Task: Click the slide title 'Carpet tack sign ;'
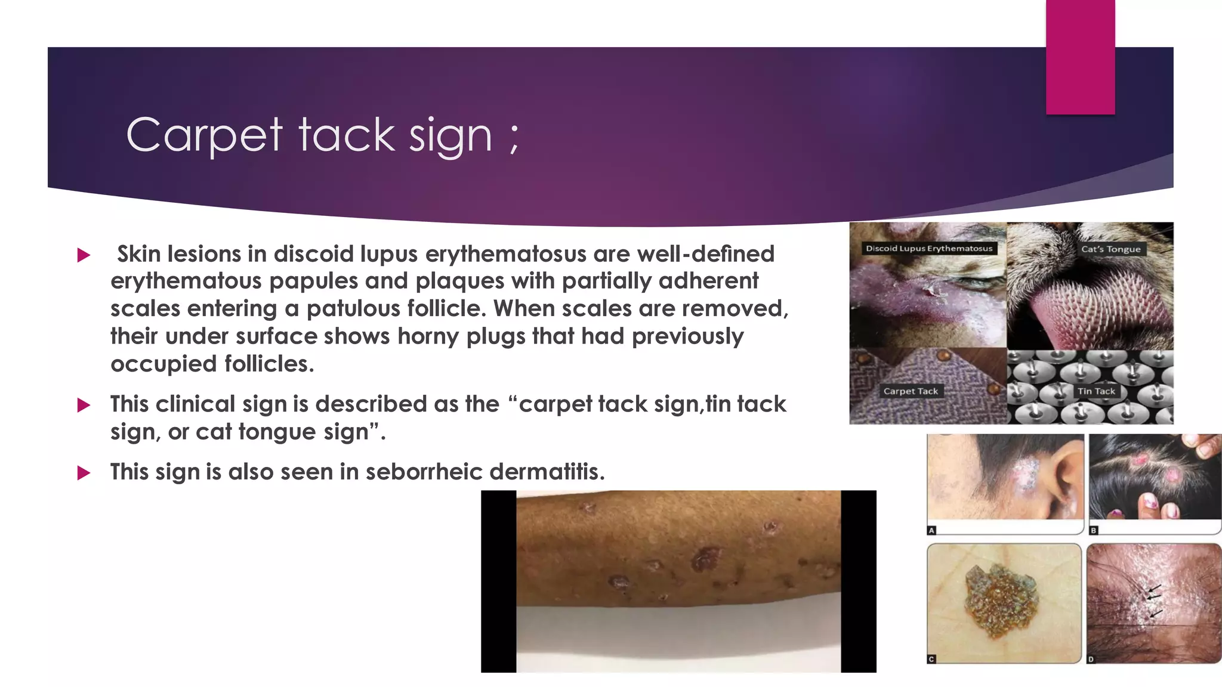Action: tap(323, 135)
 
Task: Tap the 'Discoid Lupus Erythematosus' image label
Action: tap(929, 249)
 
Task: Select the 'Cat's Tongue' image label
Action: tap(1110, 249)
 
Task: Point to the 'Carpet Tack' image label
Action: tap(911, 391)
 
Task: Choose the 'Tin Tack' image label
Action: tap(1096, 391)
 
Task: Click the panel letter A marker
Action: tap(931, 530)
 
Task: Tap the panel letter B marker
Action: tap(1094, 530)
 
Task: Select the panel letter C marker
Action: tap(931, 659)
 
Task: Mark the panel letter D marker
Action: tap(1091, 659)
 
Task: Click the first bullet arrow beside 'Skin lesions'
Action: tap(84, 256)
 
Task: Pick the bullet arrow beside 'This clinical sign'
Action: tap(84, 406)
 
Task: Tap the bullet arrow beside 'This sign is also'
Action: tap(84, 474)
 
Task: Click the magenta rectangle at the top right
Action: tap(1080, 57)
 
